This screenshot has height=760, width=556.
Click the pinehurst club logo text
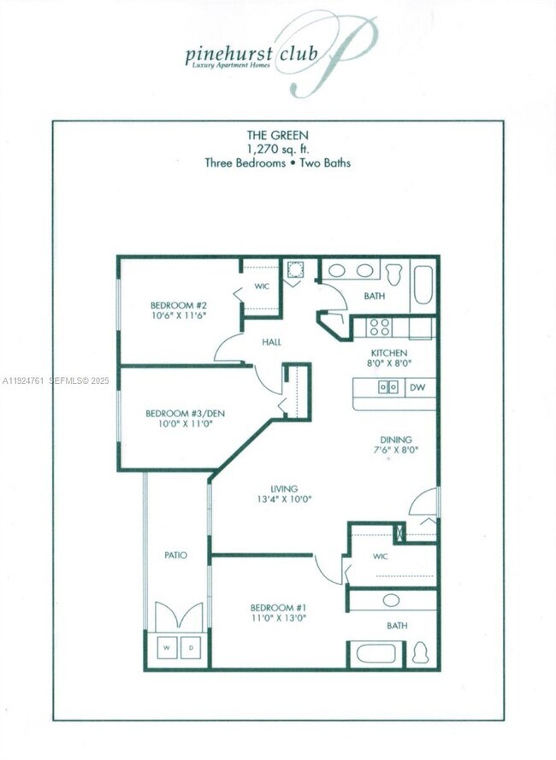(x=251, y=55)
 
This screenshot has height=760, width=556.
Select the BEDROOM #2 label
(x=179, y=305)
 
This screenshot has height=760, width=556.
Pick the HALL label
(x=273, y=342)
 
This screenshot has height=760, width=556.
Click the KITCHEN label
(x=388, y=352)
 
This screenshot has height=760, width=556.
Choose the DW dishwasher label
(x=418, y=387)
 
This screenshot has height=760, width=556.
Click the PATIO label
(x=175, y=555)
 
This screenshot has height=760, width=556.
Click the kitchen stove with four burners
(x=379, y=327)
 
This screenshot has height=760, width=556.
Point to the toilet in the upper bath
(x=394, y=274)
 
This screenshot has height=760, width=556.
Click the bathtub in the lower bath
(x=376, y=654)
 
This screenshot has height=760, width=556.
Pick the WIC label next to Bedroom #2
(x=263, y=286)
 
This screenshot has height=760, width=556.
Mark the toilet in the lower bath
(x=420, y=653)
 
